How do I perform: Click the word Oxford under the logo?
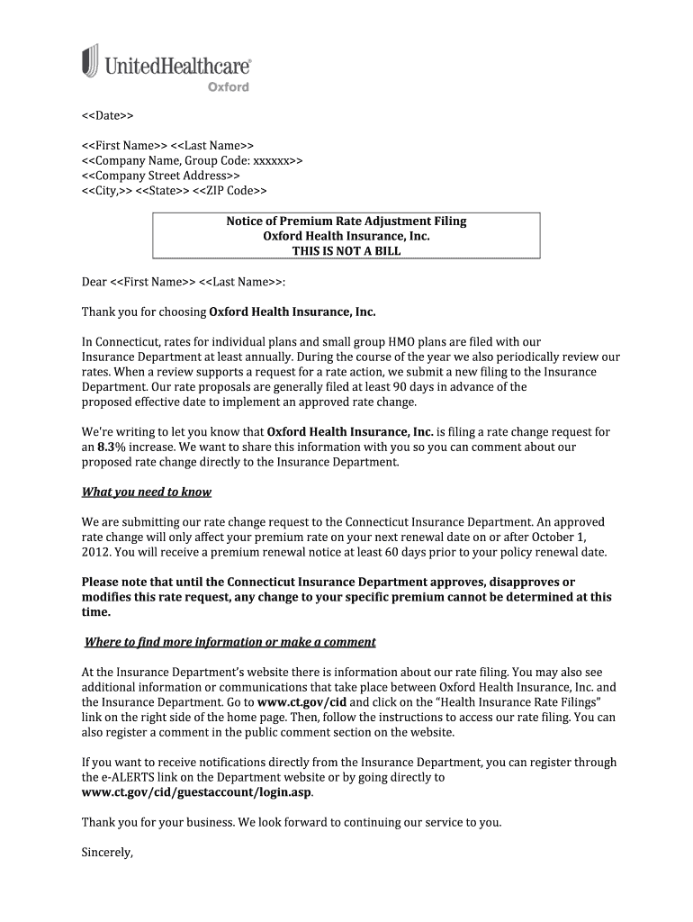[228, 87]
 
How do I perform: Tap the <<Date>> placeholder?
[107, 117]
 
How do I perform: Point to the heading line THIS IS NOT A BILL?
[346, 251]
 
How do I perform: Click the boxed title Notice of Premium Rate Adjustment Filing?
[346, 221]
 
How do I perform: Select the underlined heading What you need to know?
[146, 492]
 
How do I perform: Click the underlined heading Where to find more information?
[229, 642]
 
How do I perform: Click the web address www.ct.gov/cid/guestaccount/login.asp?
[197, 792]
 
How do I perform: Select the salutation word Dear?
[94, 282]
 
